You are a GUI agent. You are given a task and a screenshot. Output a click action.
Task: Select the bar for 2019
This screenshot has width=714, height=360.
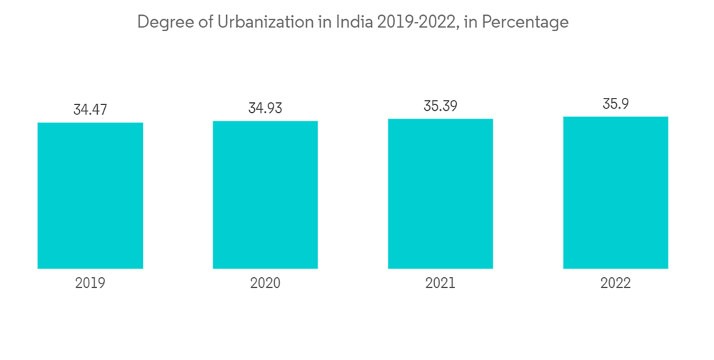[90, 195]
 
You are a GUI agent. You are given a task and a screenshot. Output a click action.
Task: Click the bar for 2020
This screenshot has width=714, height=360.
[265, 194]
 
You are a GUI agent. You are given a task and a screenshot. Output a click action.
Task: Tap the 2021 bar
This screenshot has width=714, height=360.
[441, 194]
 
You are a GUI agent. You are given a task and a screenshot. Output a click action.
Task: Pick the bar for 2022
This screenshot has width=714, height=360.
[615, 192]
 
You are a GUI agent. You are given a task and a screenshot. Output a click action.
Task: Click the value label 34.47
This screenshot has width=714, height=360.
[90, 110]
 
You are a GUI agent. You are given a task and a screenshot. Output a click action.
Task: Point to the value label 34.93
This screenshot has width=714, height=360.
[265, 109]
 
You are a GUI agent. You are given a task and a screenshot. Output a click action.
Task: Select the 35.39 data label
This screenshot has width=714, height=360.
[441, 106]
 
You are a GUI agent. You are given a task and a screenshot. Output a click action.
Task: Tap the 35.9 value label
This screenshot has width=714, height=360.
[615, 104]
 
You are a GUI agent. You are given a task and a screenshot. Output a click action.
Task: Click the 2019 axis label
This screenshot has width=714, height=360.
[90, 283]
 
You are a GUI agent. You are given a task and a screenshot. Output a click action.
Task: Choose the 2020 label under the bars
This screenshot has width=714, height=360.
[265, 283]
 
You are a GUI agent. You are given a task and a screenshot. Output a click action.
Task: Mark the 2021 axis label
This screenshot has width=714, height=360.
[441, 283]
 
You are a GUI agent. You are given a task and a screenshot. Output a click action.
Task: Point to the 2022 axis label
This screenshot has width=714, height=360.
[615, 283]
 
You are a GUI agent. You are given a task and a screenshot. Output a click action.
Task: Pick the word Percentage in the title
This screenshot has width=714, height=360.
[526, 23]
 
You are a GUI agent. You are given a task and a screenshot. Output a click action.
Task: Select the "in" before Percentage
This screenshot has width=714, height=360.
[472, 22]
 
